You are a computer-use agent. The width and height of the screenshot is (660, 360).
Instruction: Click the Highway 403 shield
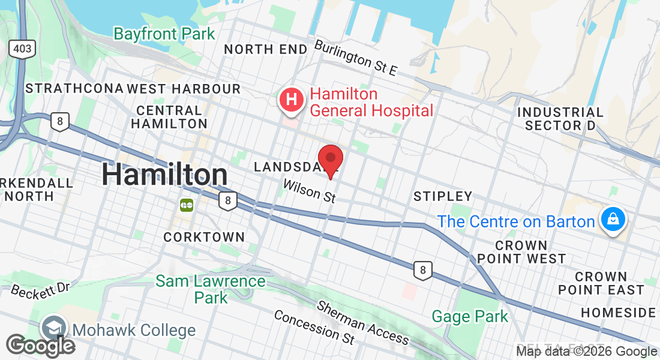[x=23, y=50]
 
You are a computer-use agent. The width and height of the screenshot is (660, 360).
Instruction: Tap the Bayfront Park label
[x=164, y=34]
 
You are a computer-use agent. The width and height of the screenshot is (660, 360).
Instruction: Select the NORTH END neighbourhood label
[x=265, y=50]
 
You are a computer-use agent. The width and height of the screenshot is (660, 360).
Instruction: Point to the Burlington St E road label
[x=356, y=58]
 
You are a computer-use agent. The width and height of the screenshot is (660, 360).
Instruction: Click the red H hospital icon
[x=292, y=100]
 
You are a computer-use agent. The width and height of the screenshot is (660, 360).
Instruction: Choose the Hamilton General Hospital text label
[x=371, y=103]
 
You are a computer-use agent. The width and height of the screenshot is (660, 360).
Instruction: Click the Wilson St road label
[x=309, y=191]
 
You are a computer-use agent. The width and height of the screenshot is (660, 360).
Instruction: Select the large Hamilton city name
[x=164, y=175]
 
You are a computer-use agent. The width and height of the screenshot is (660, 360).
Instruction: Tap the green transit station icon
[x=186, y=205]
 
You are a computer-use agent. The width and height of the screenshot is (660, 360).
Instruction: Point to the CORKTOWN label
[x=204, y=237]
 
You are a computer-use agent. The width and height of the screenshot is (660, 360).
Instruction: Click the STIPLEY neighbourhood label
[x=443, y=196]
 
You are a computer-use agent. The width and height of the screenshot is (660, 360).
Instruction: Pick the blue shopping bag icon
[x=613, y=220]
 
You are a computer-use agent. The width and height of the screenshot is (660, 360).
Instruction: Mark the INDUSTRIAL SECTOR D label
[x=560, y=119]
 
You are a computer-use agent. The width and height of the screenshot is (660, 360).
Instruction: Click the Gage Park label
[x=470, y=316]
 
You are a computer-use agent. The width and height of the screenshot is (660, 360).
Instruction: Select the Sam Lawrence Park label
[x=211, y=289]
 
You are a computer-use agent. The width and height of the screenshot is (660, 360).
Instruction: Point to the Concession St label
[x=314, y=327]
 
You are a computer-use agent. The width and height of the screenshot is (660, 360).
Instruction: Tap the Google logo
[x=40, y=345]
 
